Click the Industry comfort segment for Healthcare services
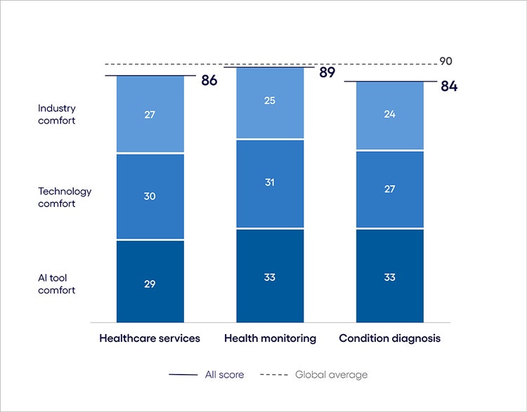[x=150, y=114]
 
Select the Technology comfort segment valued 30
[x=150, y=197]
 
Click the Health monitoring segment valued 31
[x=270, y=184]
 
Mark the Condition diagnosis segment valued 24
[x=389, y=115]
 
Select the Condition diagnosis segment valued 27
[x=389, y=190]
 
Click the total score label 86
[x=209, y=80]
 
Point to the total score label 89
[x=327, y=72]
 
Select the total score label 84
[x=449, y=87]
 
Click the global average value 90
[x=445, y=62]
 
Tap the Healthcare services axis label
[x=150, y=338]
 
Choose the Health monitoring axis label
[x=270, y=338]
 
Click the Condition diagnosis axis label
[x=389, y=338]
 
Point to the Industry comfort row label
[x=57, y=114]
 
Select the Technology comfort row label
[x=65, y=197]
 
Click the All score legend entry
[x=207, y=375]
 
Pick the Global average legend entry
[x=313, y=375]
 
